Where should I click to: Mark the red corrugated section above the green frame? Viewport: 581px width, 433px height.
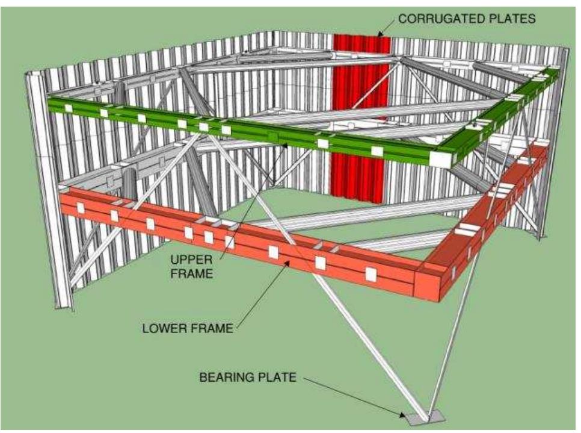point(361,72)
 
